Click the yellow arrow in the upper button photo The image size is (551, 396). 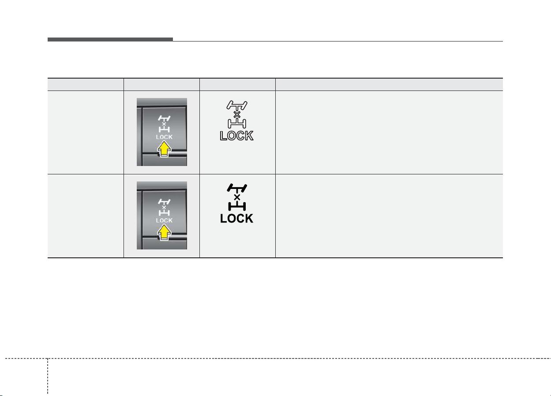164,149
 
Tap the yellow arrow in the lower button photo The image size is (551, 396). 164,232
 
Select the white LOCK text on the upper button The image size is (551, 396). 164,137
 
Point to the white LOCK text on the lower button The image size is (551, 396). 164,220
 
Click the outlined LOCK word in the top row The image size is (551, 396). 236,136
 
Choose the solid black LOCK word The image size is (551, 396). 236,219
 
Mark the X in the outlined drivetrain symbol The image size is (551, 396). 237,115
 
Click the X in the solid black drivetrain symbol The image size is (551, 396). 237,197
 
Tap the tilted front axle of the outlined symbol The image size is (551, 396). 236,106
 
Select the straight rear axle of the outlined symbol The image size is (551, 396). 237,124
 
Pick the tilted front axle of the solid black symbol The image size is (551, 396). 236,188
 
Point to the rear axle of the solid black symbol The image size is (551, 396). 237,206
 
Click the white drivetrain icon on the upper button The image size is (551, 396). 164,124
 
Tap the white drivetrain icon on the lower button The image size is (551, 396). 164,207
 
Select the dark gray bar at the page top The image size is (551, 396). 110,39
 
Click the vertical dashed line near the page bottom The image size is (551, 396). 48,377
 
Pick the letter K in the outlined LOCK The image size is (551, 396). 249,136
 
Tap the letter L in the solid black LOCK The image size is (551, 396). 223,219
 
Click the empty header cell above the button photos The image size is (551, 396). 161,84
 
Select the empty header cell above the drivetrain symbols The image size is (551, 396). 237,84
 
